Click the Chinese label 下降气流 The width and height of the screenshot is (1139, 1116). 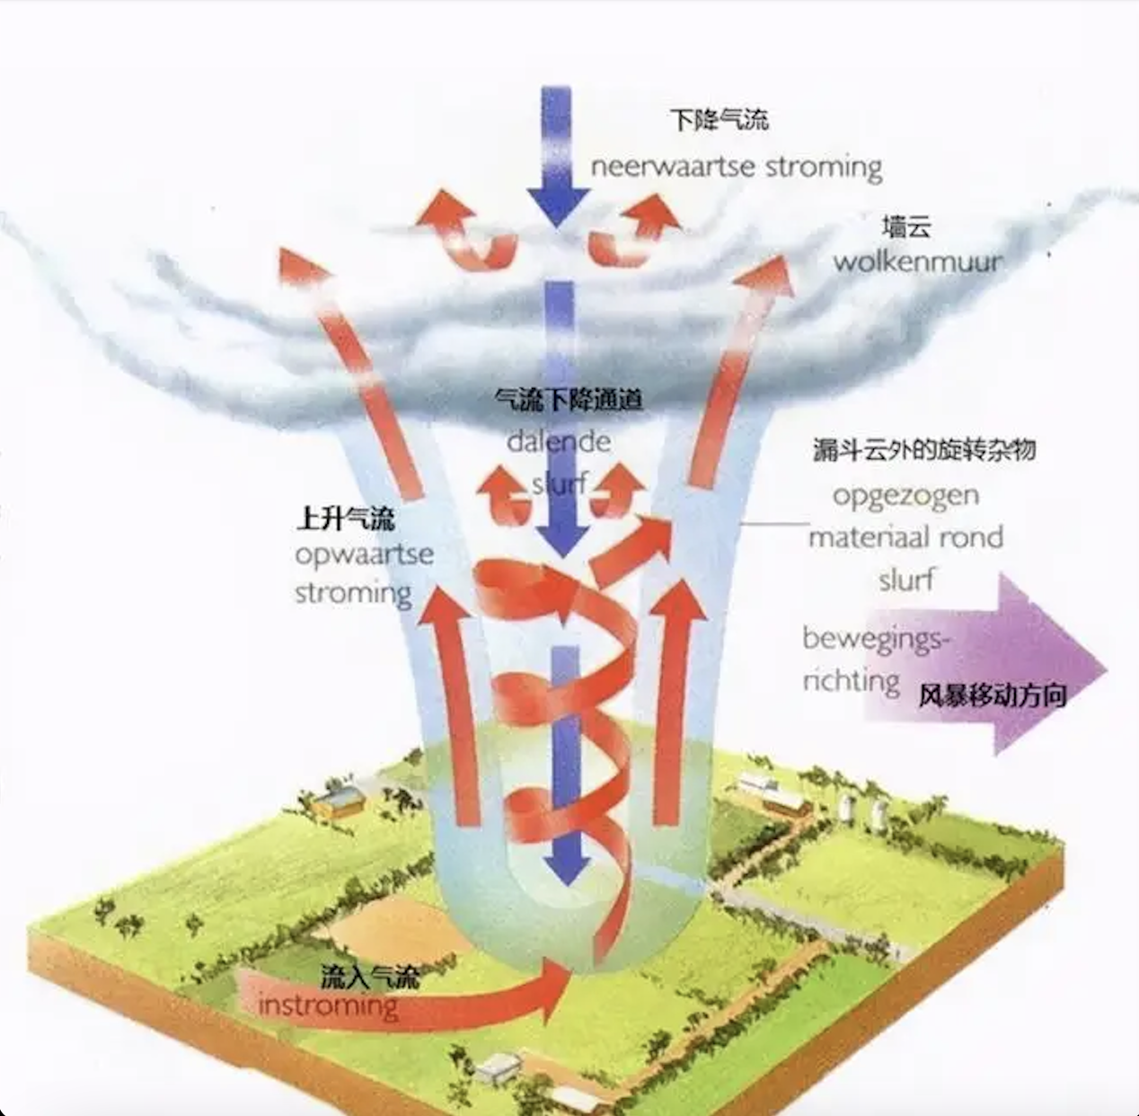[x=720, y=120]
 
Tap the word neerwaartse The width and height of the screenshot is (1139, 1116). [x=673, y=166]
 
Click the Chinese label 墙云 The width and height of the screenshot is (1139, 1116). [x=906, y=227]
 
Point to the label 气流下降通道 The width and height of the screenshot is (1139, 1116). [x=569, y=401]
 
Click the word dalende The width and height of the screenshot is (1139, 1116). [x=559, y=442]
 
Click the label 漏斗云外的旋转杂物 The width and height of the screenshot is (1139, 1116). [x=924, y=450]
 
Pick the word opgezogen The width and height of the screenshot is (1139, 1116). [x=906, y=497]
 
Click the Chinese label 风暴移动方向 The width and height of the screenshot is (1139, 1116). [x=993, y=695]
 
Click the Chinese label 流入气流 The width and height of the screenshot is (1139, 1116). [x=371, y=977]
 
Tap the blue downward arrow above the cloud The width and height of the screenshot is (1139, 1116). [x=558, y=156]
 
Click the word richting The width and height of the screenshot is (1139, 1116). [x=852, y=682]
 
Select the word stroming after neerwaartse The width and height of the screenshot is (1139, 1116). [x=824, y=167]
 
